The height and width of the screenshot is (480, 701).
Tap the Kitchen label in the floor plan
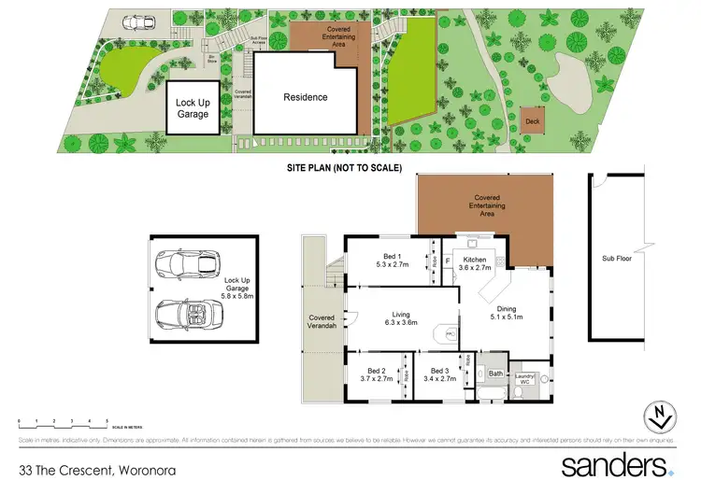[475, 263]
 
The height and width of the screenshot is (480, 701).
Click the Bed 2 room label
[379, 375]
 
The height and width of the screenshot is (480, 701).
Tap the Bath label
[495, 374]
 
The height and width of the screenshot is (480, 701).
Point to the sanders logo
[616, 464]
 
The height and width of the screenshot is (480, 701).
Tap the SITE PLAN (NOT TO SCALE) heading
[344, 168]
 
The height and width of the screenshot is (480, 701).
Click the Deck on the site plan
[533, 120]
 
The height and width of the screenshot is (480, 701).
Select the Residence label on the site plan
[306, 97]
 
